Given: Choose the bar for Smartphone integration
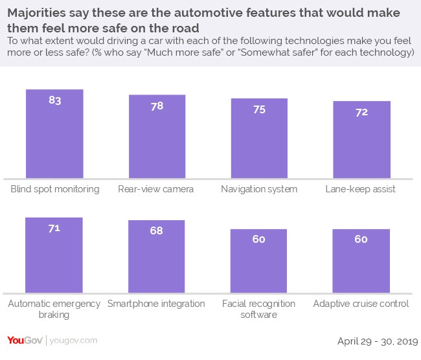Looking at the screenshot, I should (x=157, y=256).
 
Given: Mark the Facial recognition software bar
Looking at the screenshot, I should (x=259, y=261).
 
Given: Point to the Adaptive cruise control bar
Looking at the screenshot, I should (x=361, y=261).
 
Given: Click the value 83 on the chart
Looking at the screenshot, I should (x=54, y=100).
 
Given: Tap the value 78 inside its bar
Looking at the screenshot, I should (x=157, y=106).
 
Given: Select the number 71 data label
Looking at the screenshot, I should (x=54, y=228).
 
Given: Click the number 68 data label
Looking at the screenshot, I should (x=157, y=231).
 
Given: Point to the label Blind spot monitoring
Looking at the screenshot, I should (x=55, y=189).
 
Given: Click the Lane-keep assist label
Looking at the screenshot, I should (x=361, y=189).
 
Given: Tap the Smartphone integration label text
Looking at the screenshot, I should (x=157, y=304).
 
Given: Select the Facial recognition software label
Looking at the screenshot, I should (x=259, y=309).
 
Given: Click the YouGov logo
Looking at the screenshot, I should (x=24, y=340).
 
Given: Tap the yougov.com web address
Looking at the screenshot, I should (x=73, y=341).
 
